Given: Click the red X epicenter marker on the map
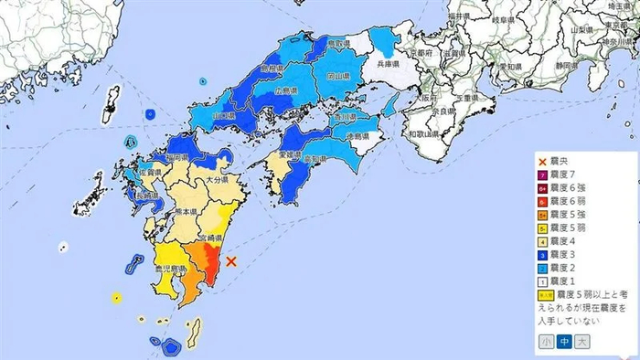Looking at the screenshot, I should [x=231, y=261].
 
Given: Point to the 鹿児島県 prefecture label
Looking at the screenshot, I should [x=170, y=269].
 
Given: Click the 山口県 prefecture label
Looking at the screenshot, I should [x=224, y=117].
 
